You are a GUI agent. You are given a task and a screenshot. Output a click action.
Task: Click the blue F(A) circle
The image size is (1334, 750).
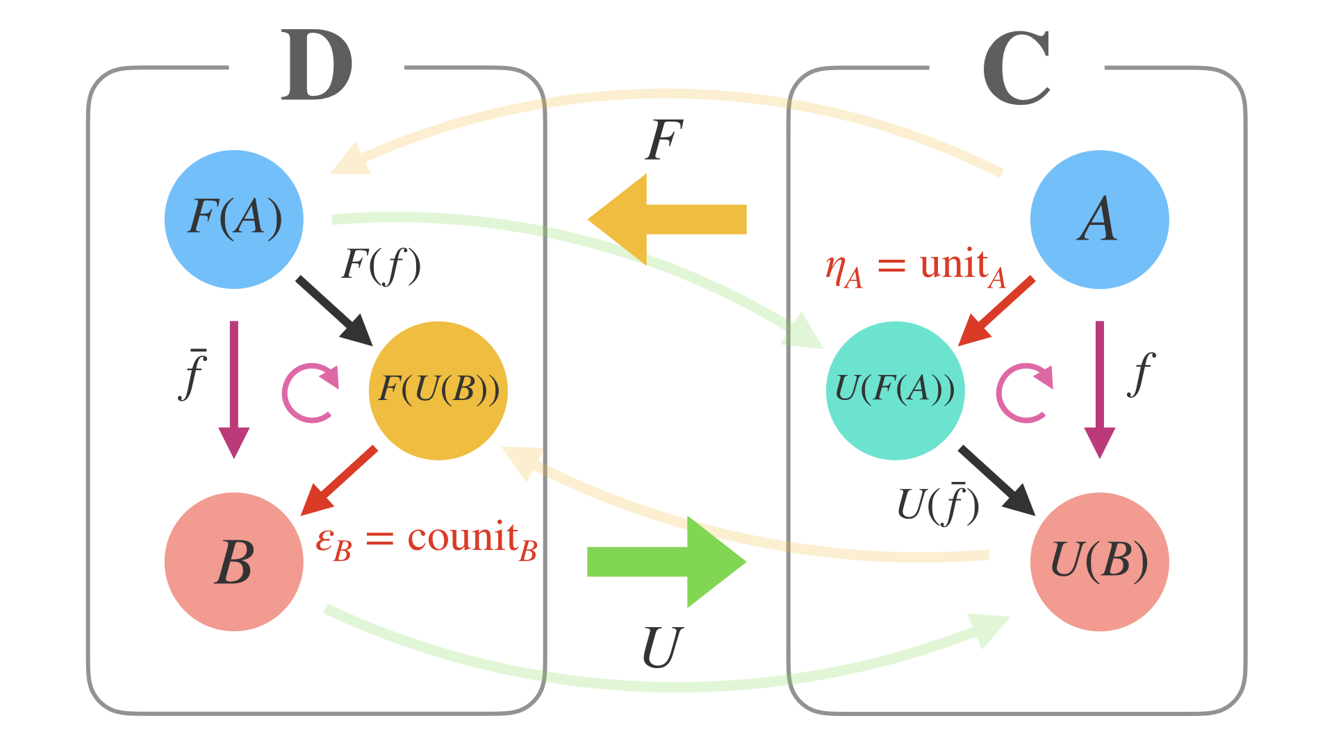pos(234,219)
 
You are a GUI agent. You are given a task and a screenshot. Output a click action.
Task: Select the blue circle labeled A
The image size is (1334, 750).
pos(1099,219)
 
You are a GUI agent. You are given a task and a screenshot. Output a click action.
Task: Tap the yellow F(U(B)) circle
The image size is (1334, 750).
pos(438,390)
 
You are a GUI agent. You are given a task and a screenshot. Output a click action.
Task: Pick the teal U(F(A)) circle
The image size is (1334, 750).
pos(895,390)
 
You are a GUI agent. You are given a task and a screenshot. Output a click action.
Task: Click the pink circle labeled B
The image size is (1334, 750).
pos(234,561)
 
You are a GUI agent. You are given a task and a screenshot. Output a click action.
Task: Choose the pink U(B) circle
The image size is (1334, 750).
pos(1099,561)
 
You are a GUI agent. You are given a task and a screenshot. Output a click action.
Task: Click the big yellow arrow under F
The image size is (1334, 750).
pos(667,219)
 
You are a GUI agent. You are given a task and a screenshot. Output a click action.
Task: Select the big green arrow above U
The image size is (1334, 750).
pos(667,561)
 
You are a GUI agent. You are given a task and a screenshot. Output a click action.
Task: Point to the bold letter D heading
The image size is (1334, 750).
pos(317,66)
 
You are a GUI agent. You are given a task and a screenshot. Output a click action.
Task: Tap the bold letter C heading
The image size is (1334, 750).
pos(1016,68)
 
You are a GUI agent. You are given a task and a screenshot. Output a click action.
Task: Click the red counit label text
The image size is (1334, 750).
pos(427,540)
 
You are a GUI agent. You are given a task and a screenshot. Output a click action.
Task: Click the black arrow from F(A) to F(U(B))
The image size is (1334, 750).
pos(335,311)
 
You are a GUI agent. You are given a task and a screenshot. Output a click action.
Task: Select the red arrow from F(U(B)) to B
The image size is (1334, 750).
pos(339,481)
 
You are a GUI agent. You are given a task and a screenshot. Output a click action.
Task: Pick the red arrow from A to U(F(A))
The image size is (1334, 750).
pos(996,311)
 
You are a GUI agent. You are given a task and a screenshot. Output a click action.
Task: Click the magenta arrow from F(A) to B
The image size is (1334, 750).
pos(234,389)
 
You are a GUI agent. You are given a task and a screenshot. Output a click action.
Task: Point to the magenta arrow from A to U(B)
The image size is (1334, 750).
pos(1099,389)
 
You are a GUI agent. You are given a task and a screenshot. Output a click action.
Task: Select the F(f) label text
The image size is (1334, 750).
pos(381,266)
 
